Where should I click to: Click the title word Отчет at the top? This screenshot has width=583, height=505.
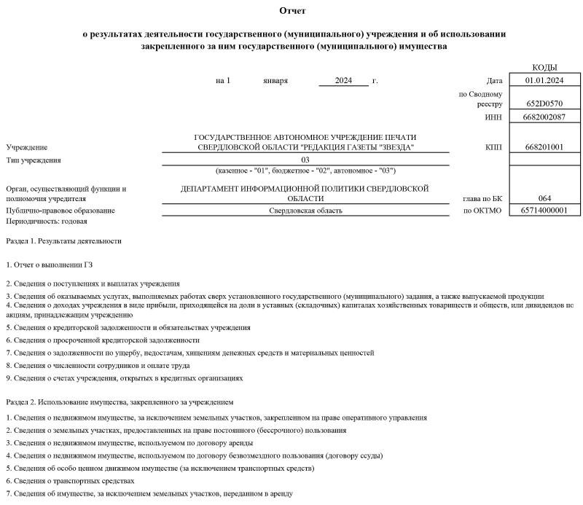click(x=292, y=11)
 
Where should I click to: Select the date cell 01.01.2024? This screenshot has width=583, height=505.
click(x=545, y=80)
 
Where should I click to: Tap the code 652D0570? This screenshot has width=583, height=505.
click(x=545, y=103)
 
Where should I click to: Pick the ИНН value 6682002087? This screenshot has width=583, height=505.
click(x=545, y=117)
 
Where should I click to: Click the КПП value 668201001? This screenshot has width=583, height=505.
click(x=545, y=147)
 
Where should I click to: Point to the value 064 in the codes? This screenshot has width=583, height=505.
click(x=545, y=198)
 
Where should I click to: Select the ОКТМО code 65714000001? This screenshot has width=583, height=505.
click(x=545, y=211)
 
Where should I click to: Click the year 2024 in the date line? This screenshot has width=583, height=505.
click(x=344, y=80)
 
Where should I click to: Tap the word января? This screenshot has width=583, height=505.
click(x=275, y=80)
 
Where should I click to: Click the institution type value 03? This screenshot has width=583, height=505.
click(x=305, y=160)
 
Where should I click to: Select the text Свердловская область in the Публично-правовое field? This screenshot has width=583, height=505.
click(x=305, y=211)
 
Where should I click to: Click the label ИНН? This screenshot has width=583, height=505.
click(x=493, y=117)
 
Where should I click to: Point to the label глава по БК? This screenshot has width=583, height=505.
click(x=482, y=198)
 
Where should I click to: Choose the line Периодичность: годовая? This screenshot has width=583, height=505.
click(x=41, y=220)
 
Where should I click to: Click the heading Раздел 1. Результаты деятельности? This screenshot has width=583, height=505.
click(x=63, y=240)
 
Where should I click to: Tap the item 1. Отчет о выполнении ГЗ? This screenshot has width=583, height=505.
click(x=50, y=265)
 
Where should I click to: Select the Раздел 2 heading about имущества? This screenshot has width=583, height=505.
click(x=120, y=402)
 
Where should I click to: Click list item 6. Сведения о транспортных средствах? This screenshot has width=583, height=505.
click(x=70, y=481)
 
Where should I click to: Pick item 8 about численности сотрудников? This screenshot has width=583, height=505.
click(x=98, y=365)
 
